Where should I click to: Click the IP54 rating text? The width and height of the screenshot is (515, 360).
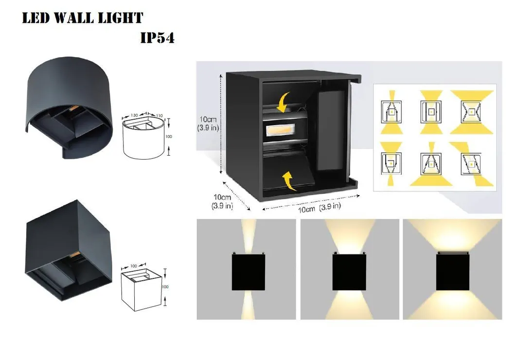(x=157, y=37)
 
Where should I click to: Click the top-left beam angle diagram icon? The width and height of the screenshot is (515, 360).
(x=391, y=111)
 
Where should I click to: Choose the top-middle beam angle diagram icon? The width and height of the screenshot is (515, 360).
(x=431, y=111)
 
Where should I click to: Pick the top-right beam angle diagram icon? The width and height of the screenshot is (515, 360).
(x=471, y=111)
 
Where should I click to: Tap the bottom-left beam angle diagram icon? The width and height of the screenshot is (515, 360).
(x=391, y=163)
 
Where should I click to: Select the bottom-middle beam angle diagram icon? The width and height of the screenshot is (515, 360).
(x=431, y=163)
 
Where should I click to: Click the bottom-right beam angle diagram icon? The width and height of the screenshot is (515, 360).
(x=471, y=163)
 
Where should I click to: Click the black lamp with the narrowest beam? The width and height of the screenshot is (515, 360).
(x=248, y=272)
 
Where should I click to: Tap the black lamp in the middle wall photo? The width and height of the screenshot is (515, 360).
(x=349, y=272)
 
